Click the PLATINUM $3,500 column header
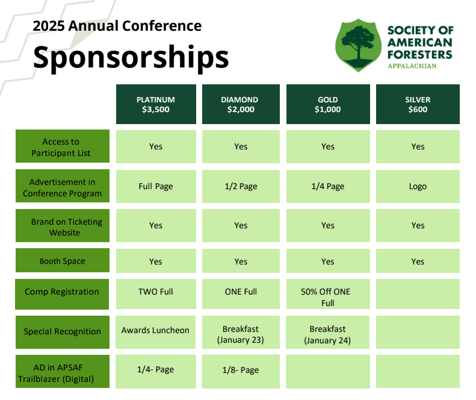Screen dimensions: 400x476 click(x=156, y=104)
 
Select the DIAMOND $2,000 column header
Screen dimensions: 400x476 click(x=241, y=104)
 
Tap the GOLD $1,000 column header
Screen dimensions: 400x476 click(x=327, y=104)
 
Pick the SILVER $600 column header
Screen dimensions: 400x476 click(x=418, y=104)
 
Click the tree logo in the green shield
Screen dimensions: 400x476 click(x=359, y=45)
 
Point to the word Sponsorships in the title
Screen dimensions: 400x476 click(x=131, y=57)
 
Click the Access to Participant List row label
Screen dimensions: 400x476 click(x=63, y=147)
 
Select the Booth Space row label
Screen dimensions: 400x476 click(x=63, y=261)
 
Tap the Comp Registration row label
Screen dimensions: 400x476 click(x=63, y=292)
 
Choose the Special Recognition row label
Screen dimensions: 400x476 click(x=63, y=331)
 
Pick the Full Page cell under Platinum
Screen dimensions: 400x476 click(x=156, y=186)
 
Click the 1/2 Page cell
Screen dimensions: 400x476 click(x=241, y=186)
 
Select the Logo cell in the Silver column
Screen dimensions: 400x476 click(x=418, y=186)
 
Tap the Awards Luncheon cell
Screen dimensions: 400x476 click(x=156, y=330)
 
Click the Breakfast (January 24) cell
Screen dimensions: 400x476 click(x=327, y=334)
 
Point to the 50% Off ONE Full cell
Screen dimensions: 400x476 click(x=327, y=297)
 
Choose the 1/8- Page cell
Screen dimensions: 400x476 click(x=241, y=370)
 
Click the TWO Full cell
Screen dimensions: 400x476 click(x=156, y=292)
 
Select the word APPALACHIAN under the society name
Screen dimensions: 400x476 click(x=412, y=66)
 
